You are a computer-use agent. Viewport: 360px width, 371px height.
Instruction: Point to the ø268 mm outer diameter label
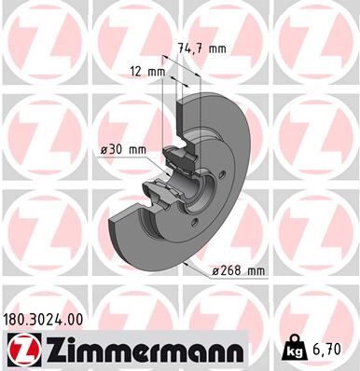click(238, 270)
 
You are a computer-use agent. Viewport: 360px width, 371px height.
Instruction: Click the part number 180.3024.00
click(49, 319)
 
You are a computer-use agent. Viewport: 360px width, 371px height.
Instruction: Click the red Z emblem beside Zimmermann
click(21, 349)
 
